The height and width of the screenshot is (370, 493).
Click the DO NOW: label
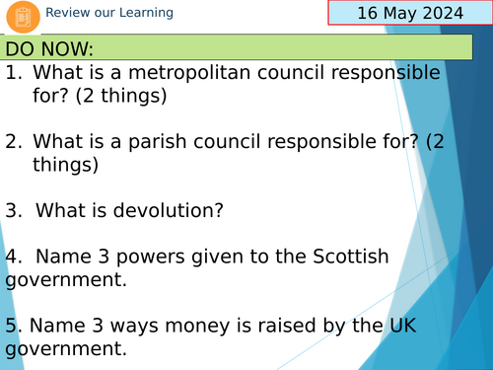[x=50, y=49]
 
